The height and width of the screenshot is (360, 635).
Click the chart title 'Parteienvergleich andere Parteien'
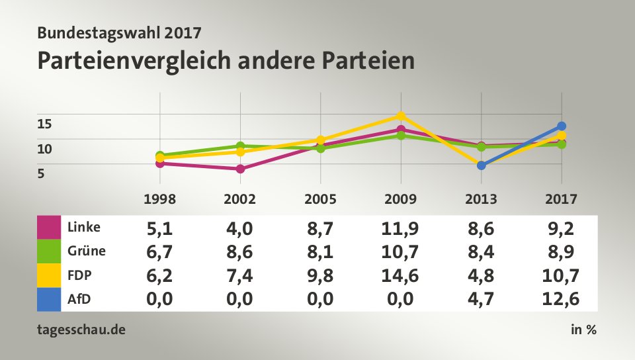(x=226, y=60)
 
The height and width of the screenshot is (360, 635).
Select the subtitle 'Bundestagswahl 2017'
(x=119, y=32)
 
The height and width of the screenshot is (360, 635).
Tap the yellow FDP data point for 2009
(x=401, y=116)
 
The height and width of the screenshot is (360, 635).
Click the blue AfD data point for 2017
(x=562, y=126)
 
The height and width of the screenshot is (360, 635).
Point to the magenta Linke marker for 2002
(x=240, y=169)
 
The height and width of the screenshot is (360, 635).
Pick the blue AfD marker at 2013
(x=482, y=165)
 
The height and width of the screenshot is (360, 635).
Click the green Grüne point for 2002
(x=240, y=146)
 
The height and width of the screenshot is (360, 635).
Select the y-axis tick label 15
(x=44, y=123)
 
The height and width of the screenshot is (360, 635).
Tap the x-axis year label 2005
(x=320, y=199)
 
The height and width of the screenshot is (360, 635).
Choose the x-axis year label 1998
(x=160, y=199)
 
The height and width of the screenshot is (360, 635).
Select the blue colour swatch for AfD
(x=48, y=299)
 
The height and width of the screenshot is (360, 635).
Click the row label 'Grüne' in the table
(x=86, y=251)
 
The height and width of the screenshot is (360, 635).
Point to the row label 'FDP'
(x=79, y=275)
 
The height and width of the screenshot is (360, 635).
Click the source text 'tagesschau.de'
(x=81, y=330)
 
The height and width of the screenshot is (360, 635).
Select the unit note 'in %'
(x=583, y=330)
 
